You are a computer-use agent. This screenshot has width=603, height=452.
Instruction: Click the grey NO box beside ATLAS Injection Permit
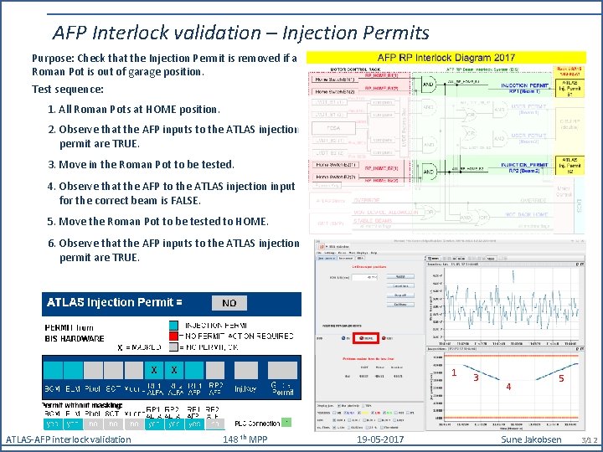pyautogui.click(x=229, y=303)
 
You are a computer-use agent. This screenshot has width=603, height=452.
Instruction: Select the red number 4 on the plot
pyautogui.click(x=507, y=387)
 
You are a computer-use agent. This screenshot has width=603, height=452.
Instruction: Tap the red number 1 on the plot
pyautogui.click(x=453, y=372)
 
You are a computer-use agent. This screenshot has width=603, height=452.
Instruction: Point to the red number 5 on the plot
pyautogui.click(x=561, y=378)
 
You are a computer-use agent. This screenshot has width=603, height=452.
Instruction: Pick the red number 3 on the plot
pyautogui.click(x=476, y=378)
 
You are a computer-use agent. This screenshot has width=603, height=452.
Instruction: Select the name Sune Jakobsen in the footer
pyautogui.click(x=531, y=439)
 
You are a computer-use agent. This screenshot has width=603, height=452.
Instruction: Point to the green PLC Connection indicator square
pyautogui.click(x=286, y=421)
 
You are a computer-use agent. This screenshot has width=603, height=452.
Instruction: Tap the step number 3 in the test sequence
pyautogui.click(x=52, y=164)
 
